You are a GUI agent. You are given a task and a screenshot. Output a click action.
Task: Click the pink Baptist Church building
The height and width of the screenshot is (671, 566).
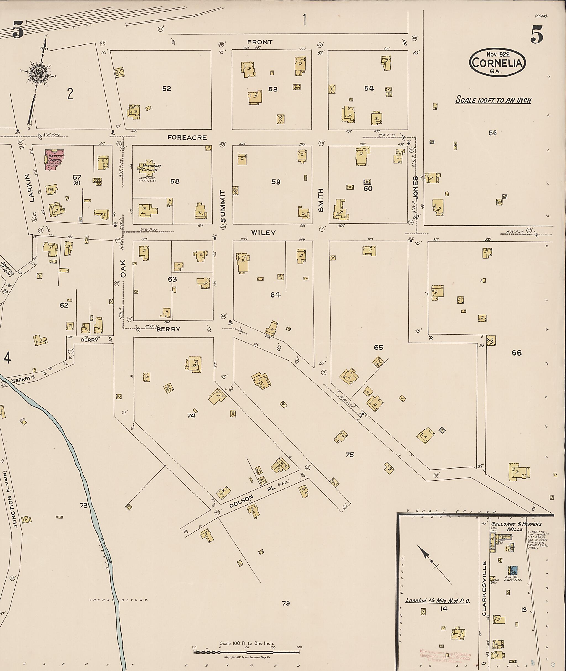tap(53, 159)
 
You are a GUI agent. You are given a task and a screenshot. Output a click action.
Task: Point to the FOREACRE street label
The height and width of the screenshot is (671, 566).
tap(187, 138)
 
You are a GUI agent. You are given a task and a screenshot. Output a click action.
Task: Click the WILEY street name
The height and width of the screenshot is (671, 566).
tap(263, 233)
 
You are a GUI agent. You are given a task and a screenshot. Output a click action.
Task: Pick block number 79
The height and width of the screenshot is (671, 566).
tap(285, 603)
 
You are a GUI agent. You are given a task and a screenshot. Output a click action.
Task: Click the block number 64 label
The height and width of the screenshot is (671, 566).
tap(275, 295)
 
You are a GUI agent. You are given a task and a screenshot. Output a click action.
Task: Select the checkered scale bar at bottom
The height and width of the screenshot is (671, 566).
tap(246, 651)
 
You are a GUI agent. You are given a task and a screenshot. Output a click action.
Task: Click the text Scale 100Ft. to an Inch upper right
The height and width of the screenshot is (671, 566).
tap(493, 100)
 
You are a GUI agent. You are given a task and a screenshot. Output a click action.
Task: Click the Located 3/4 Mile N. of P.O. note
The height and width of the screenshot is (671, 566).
tap(438, 601)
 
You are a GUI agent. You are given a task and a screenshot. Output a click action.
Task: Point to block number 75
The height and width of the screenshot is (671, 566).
tap(349, 455)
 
